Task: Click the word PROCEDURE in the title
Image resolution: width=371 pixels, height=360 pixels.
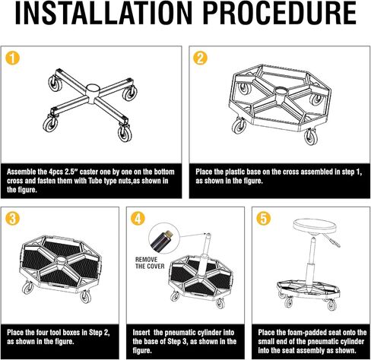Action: coord(280,13)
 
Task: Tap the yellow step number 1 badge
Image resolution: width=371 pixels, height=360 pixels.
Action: coord(12,58)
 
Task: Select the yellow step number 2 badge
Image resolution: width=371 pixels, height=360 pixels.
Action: coord(200,58)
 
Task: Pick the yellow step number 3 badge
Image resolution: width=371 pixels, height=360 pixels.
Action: coord(12,218)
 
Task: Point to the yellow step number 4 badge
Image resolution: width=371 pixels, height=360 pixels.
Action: coord(138,218)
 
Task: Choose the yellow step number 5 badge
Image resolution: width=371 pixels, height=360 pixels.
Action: coord(264,218)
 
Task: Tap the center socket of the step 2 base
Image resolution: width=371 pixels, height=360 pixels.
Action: coord(280,93)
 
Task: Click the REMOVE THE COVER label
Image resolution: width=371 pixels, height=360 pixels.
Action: coord(150,263)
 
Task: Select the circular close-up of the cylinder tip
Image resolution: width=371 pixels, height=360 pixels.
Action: coord(163,239)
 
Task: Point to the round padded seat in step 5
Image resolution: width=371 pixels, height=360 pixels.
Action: coord(315,226)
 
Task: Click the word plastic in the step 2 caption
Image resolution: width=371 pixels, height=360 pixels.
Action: coord(237,172)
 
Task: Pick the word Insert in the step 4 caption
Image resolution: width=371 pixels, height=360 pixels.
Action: coord(141,333)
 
